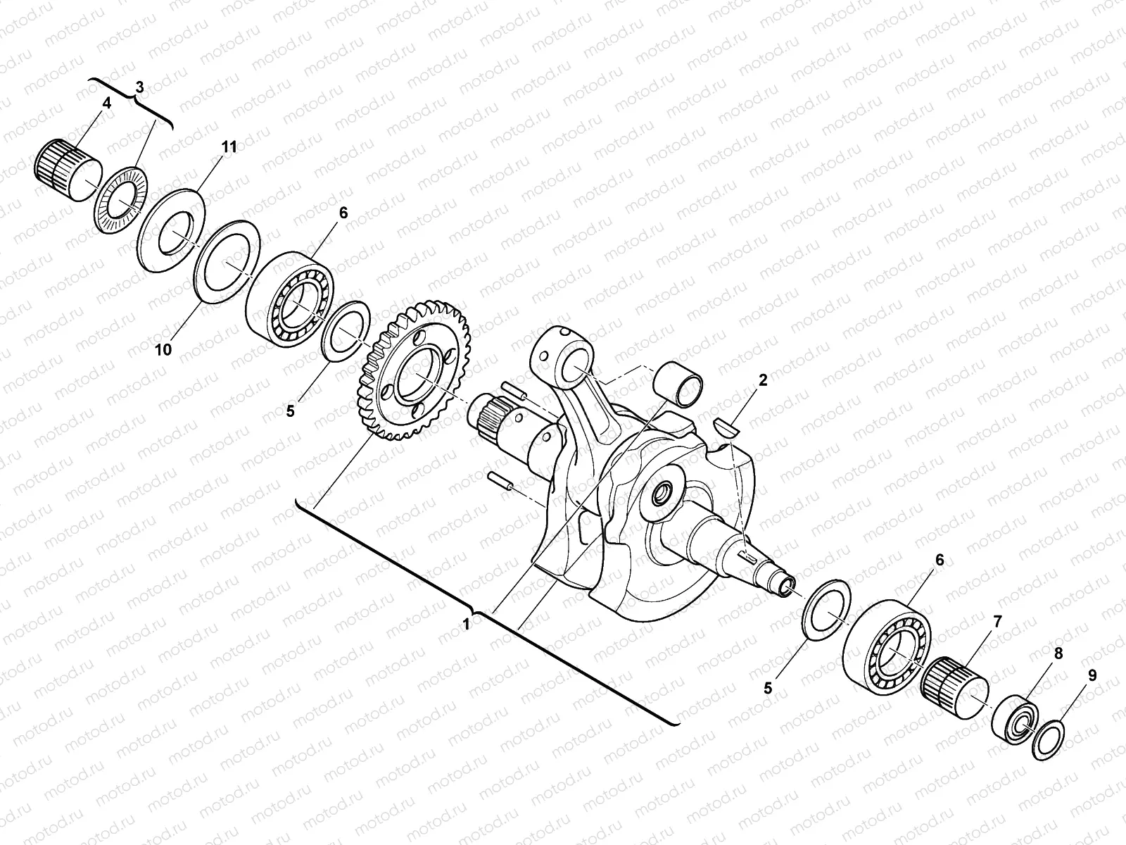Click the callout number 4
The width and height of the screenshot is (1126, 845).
pyautogui.click(x=106, y=104)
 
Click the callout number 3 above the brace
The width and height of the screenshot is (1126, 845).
pyautogui.click(x=139, y=87)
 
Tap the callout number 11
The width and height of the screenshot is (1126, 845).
pyautogui.click(x=229, y=147)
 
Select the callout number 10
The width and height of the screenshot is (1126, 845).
pyautogui.click(x=163, y=350)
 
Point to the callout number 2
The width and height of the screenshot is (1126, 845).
pyautogui.click(x=762, y=381)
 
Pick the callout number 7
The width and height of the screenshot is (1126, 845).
pyautogui.click(x=997, y=621)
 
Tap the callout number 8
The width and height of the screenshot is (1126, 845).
pyautogui.click(x=1058, y=652)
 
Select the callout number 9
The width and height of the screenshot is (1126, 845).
pyautogui.click(x=1092, y=675)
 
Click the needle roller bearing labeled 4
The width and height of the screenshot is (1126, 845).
pyautogui.click(x=66, y=168)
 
